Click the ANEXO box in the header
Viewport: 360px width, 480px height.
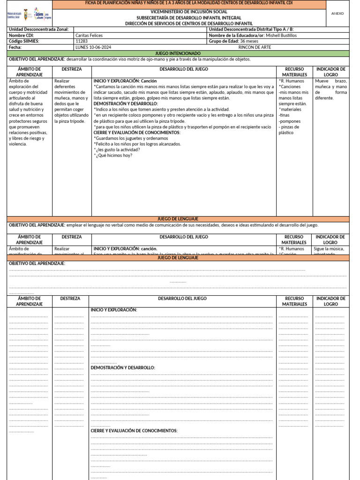pyautogui.click(x=337, y=14)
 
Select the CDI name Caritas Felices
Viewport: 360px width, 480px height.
pyautogui.click(x=89, y=35)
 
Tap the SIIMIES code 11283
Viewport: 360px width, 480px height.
pyautogui.click(x=81, y=41)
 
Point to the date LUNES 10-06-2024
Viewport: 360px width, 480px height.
pyautogui.click(x=93, y=47)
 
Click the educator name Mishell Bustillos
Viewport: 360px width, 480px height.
pyautogui.click(x=281, y=35)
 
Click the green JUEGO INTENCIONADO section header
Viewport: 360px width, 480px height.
pyautogui.click(x=178, y=53)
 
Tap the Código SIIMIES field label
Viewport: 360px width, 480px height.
pyautogui.click(x=24, y=41)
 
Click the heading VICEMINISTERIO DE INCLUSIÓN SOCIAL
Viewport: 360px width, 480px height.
pyautogui.click(x=189, y=12)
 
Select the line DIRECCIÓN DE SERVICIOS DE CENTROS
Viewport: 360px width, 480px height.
pyautogui.click(x=189, y=23)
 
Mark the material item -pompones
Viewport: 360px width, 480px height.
pyautogui.click(x=289, y=121)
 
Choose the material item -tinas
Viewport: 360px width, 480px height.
pyautogui.click(x=284, y=115)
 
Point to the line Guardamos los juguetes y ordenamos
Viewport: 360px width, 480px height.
pyautogui.click(x=131, y=138)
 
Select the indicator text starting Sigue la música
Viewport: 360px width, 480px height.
pyautogui.click(x=330, y=249)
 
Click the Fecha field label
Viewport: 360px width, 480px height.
pyautogui.click(x=15, y=47)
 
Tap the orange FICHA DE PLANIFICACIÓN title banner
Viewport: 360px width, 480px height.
pyautogui.click(x=189, y=4)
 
